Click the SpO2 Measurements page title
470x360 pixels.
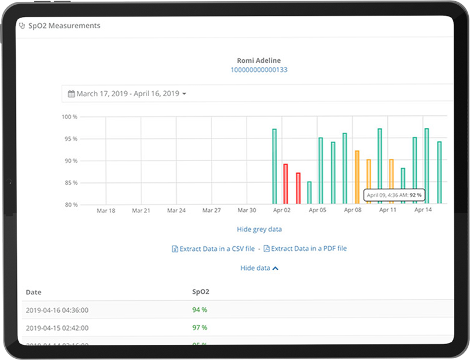click(x=64, y=26)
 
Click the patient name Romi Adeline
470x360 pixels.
click(x=258, y=60)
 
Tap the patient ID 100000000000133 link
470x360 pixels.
click(x=258, y=70)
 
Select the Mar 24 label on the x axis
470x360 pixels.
click(x=176, y=210)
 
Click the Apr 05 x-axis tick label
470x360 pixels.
click(x=318, y=210)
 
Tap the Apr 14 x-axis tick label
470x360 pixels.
click(x=423, y=210)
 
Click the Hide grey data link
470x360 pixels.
click(x=258, y=229)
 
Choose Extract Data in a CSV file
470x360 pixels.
click(x=213, y=249)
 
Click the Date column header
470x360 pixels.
click(x=34, y=292)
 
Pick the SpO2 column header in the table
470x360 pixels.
click(x=200, y=291)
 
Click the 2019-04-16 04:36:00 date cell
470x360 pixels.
click(x=57, y=310)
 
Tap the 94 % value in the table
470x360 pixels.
click(x=200, y=310)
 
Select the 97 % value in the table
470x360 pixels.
click(x=200, y=327)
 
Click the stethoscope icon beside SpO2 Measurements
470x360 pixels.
click(x=23, y=26)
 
